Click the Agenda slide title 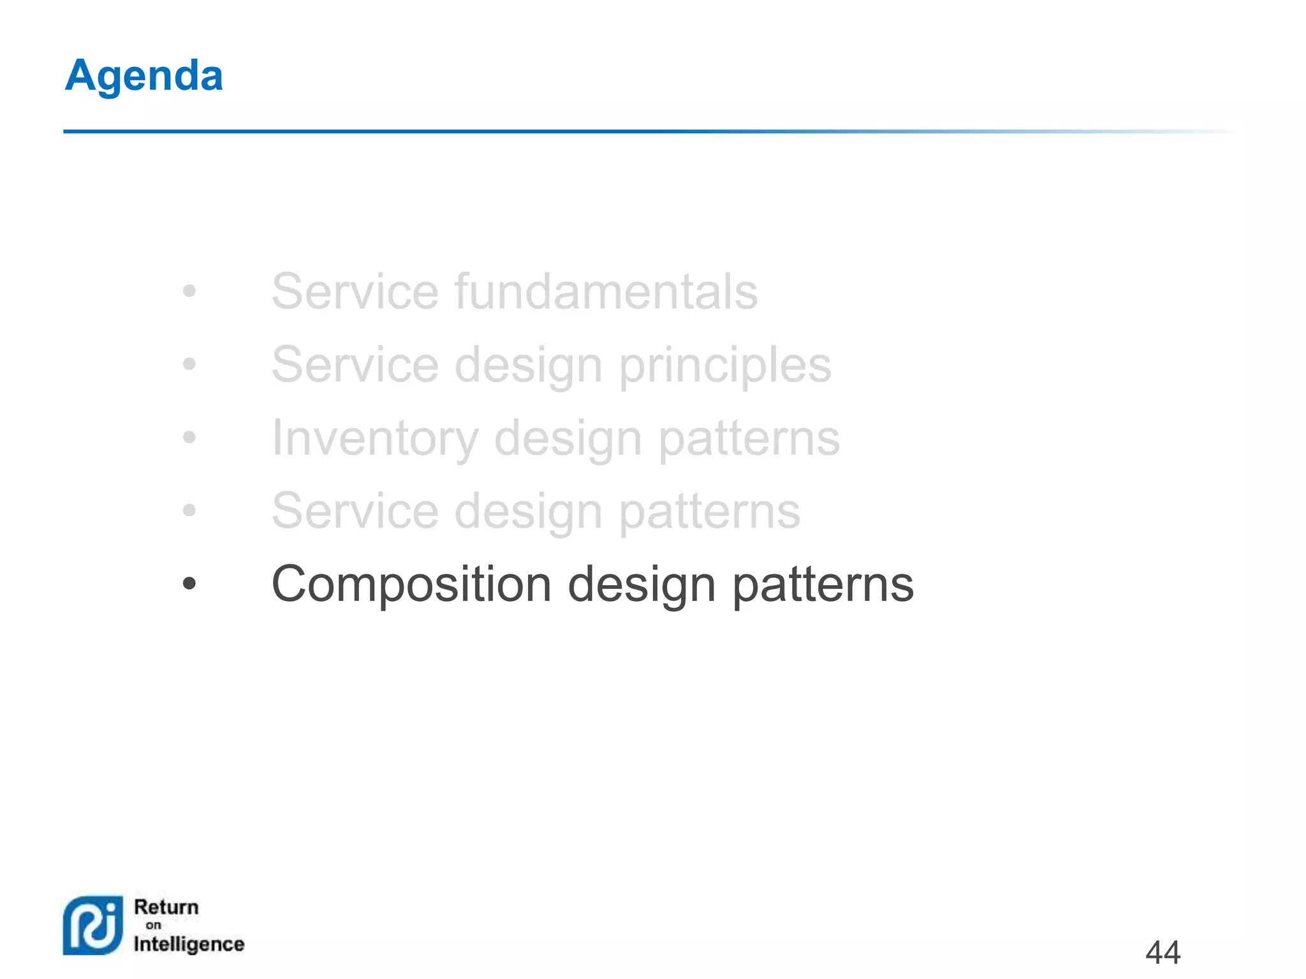(x=144, y=76)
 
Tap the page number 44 (x=1163, y=953)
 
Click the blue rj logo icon (x=93, y=925)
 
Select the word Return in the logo (x=166, y=907)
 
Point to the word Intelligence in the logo (x=189, y=944)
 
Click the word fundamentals (x=606, y=291)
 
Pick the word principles (x=725, y=365)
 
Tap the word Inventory (x=374, y=439)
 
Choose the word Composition (x=411, y=584)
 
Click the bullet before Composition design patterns (x=189, y=583)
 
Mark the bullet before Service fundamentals (x=189, y=291)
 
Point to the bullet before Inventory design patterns (x=189, y=437)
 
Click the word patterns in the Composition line (x=823, y=585)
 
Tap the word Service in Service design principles (x=355, y=365)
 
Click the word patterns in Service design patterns (x=709, y=512)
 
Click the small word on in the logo (x=153, y=925)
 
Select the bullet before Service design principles (x=189, y=365)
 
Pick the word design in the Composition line (x=642, y=585)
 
